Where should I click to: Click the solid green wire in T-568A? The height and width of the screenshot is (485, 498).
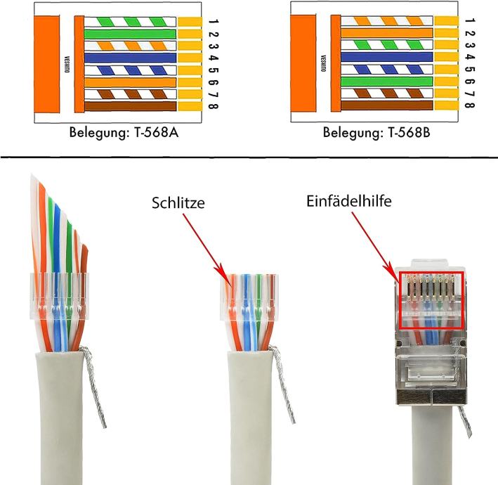pos(129,34)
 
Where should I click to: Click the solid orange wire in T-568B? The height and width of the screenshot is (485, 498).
pos(386,33)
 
